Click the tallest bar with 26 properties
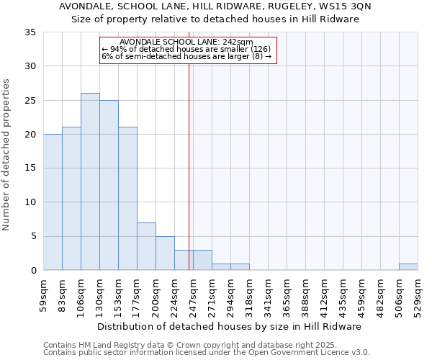click(90, 181)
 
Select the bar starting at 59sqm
click(53, 202)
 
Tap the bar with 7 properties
click(146, 246)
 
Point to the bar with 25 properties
click(109, 185)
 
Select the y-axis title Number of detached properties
click(6, 155)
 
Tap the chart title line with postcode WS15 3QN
click(215, 6)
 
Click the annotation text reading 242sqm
click(186, 42)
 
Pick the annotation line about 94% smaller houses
click(186, 49)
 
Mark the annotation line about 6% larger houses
click(186, 56)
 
